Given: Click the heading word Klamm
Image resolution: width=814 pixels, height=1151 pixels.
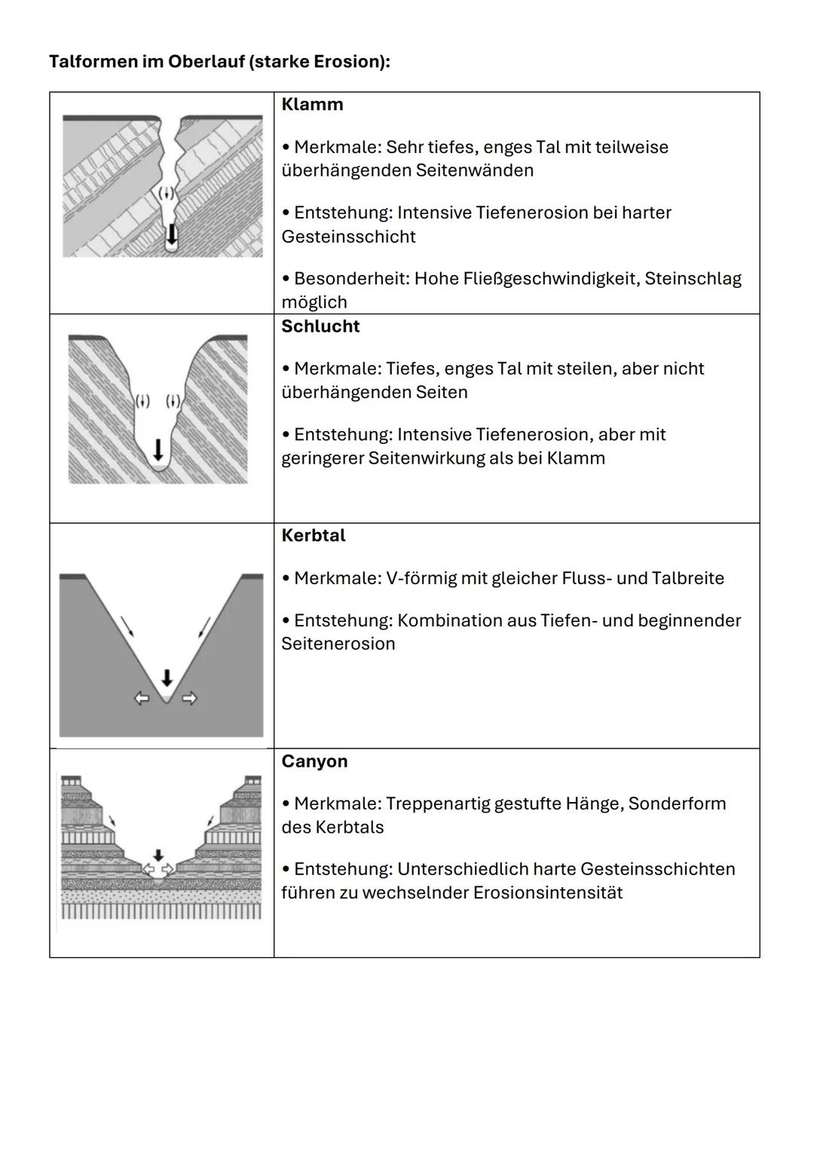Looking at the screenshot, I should pos(312,105).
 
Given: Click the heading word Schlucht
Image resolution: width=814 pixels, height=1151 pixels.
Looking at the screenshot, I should pos(320,326).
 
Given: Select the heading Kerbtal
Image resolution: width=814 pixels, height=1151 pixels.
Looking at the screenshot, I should pos(314,536).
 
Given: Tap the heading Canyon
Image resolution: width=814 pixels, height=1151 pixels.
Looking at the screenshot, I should pos(314,761).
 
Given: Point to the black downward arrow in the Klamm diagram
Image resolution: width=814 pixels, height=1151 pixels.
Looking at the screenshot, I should pos(172,233).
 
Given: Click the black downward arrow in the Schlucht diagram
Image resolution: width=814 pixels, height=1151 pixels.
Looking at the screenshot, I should pos(158,451).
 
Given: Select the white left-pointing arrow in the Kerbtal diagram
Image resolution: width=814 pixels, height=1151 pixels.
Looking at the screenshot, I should pos(142,699).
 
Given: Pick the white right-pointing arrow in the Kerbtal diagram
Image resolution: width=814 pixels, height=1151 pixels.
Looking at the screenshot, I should pos(190,699).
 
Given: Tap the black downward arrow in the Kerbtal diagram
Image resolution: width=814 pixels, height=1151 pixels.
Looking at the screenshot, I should pos(167,677).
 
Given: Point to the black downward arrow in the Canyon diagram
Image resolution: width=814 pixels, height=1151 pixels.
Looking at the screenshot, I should pos(158,856).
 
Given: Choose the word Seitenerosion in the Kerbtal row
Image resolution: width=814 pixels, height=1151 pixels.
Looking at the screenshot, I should pos(338,644).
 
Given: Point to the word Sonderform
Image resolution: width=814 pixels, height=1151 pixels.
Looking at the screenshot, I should pos(677,804).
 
